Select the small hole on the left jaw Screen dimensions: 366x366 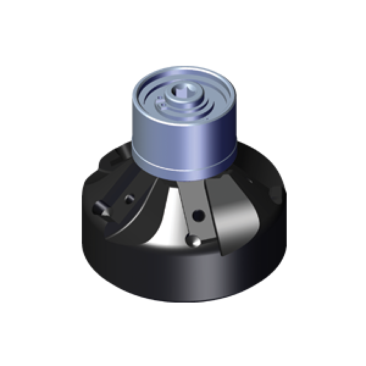129,199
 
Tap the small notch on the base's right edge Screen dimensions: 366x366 276,194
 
